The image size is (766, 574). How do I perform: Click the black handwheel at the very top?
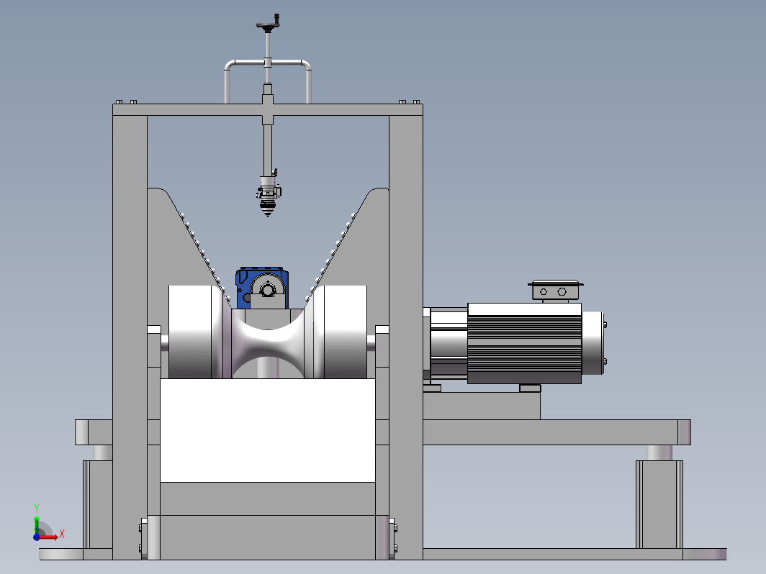268,24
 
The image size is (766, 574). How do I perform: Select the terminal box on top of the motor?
556,291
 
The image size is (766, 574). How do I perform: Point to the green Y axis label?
36,509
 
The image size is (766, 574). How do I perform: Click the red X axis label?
62,534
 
